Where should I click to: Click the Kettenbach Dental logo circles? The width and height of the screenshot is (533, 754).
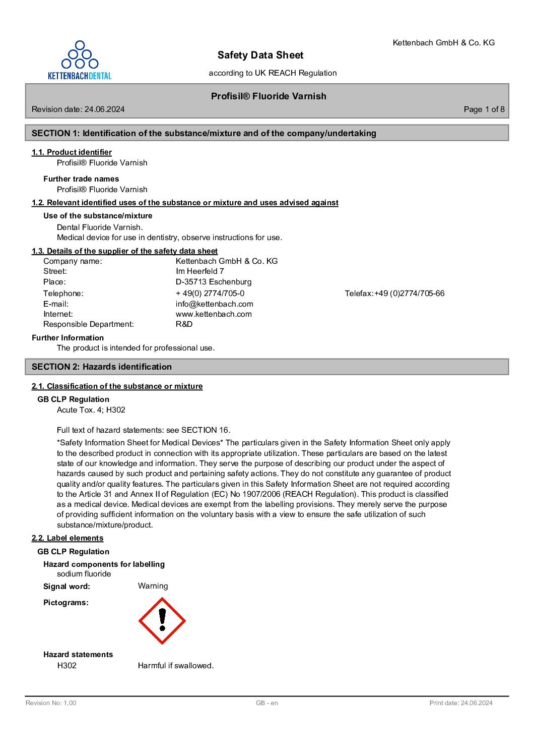[x=80, y=55]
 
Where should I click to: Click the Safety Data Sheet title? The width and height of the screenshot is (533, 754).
[x=260, y=55]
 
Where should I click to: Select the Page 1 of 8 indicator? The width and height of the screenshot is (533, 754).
[x=484, y=109]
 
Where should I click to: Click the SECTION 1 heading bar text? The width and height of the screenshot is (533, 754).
[x=204, y=133]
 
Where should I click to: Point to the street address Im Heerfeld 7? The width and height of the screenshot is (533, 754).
[x=199, y=271]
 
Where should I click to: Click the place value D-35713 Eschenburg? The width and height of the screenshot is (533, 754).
[x=214, y=282]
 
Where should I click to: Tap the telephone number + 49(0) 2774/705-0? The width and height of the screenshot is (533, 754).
[x=210, y=294]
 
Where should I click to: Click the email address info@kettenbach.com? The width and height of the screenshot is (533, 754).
[x=214, y=304]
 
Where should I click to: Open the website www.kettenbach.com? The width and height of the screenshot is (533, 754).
[x=214, y=314]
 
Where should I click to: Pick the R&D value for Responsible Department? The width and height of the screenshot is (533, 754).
[x=184, y=324]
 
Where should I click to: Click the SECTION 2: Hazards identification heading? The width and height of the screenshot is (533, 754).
[x=102, y=367]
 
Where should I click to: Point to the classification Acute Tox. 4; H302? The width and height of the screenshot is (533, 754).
[x=91, y=410]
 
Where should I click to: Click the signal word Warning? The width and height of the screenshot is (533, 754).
[x=153, y=586]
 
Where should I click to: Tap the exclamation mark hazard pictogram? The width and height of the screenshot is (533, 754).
[x=162, y=621]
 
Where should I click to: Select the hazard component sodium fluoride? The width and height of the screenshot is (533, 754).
[x=84, y=574]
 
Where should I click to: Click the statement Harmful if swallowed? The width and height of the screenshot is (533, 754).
[x=176, y=666]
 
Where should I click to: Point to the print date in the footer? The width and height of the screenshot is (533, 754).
[x=461, y=703]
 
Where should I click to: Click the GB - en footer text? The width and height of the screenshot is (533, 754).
[x=266, y=703]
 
